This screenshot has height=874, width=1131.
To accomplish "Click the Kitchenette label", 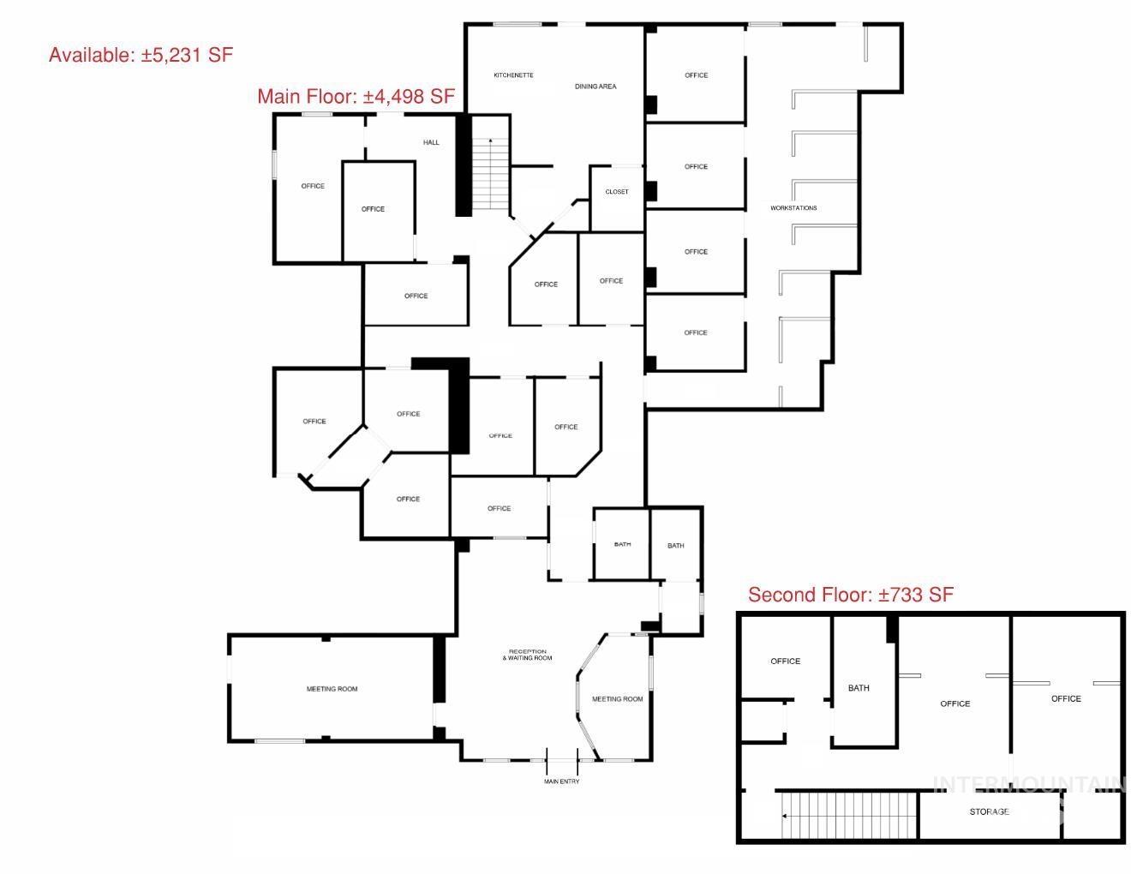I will (x=513, y=75).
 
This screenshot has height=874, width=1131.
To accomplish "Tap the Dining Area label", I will (x=595, y=87).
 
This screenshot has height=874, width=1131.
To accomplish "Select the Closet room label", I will (x=617, y=192).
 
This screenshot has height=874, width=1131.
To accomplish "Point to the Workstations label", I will (x=793, y=208).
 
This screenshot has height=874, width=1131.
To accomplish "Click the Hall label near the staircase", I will (x=431, y=142).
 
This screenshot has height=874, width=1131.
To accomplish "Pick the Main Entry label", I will (x=562, y=781).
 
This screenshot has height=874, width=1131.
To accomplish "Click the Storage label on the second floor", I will (x=989, y=811).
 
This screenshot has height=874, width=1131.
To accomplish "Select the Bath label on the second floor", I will (x=859, y=688).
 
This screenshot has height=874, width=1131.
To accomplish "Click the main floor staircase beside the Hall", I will (x=490, y=175).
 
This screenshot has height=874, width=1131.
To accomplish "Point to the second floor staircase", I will (x=848, y=815).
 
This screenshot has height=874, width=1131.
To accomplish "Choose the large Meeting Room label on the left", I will (x=332, y=689).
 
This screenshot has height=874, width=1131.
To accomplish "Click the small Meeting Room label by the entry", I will (x=617, y=699).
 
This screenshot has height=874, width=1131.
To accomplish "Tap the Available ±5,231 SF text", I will (x=141, y=55).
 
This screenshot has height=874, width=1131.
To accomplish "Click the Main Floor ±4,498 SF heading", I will (x=356, y=97).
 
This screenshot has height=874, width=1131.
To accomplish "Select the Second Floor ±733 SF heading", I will (x=850, y=595).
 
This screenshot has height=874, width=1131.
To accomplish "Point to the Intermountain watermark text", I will (x=1028, y=783).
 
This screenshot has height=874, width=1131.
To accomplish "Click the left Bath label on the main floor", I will (x=622, y=544).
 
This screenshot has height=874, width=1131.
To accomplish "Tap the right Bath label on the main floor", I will (x=676, y=546).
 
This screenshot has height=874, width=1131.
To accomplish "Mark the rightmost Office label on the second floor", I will (x=1066, y=698).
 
